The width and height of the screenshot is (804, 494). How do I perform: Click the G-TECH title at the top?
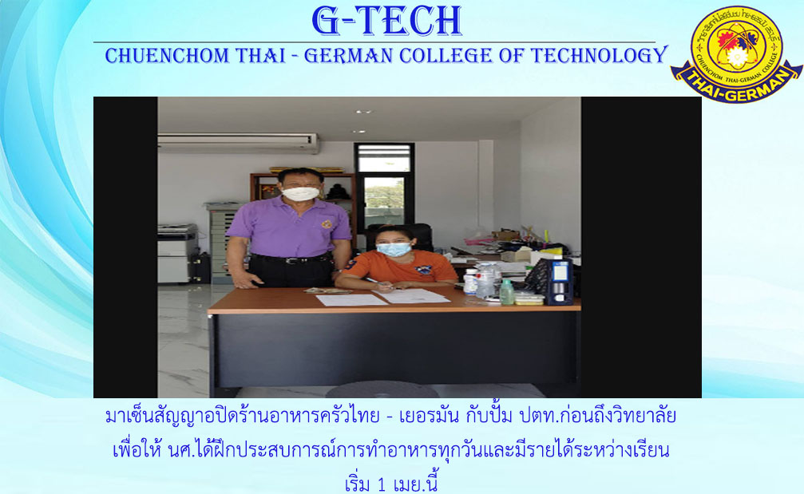click(x=386, y=21)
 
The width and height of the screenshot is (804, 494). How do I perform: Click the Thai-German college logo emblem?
click(x=736, y=53)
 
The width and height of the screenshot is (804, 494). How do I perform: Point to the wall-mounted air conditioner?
click(x=238, y=143)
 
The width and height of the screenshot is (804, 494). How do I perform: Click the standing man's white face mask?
click(x=300, y=194)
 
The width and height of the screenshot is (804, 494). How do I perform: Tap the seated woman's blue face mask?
click(x=394, y=250)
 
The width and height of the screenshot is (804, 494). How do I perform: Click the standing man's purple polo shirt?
click(x=289, y=227)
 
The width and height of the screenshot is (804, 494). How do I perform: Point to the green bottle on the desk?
click(x=507, y=293)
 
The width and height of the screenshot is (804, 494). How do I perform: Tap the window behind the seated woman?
click(x=384, y=185)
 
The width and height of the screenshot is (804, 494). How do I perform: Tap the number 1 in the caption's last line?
click(x=381, y=484)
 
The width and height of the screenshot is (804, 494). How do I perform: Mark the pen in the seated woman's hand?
click(x=374, y=282)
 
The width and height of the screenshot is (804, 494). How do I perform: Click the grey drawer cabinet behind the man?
click(x=224, y=242)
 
